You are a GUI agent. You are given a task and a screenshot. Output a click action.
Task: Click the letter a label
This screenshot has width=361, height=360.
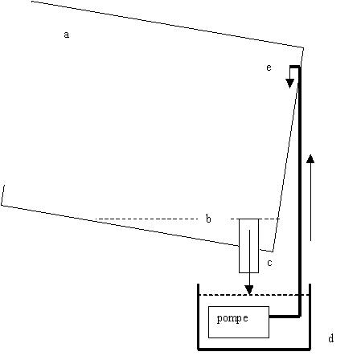(x=66, y=35)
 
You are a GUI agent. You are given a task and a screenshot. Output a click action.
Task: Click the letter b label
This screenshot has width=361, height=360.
(x=208, y=219)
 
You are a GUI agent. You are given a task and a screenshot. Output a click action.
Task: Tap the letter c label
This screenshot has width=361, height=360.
(x=269, y=263)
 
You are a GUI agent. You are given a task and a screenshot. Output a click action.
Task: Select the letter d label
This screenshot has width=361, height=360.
(x=331, y=338)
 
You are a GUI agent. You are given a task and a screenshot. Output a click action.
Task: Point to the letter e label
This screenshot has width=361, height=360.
(x=269, y=67)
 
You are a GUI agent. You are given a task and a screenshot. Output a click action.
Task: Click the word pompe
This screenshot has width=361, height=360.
(x=232, y=318)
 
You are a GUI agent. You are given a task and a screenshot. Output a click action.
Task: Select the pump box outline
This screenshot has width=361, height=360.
(x=208, y=322)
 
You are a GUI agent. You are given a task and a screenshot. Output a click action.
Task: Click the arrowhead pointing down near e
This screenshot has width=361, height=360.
(x=289, y=84)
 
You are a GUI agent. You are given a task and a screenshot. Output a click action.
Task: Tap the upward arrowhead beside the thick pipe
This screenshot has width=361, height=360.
(x=310, y=158)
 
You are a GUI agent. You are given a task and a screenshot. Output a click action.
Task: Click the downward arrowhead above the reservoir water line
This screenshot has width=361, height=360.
(x=249, y=290)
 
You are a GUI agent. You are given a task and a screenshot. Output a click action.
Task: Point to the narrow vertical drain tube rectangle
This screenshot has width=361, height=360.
(x=239, y=246)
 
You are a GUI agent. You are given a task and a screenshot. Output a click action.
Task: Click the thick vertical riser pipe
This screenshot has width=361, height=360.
(x=300, y=191)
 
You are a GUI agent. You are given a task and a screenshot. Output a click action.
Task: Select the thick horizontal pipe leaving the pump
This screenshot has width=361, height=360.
(x=285, y=317)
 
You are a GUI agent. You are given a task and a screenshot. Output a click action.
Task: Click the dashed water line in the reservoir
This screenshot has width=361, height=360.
(x=254, y=295)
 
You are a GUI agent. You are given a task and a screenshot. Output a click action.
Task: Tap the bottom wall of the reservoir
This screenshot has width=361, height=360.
(x=254, y=349)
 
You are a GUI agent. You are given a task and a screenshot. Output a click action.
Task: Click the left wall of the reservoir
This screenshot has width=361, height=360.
(x=198, y=317)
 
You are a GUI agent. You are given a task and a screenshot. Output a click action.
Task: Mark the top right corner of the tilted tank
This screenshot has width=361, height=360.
(x=303, y=47)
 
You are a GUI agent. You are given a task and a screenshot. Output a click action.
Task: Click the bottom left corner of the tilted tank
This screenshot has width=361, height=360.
(x=2, y=205)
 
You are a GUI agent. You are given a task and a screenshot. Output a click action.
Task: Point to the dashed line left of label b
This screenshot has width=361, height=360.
(x=146, y=219)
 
